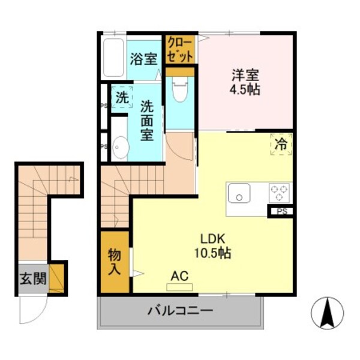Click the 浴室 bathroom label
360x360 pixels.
(x=143, y=59)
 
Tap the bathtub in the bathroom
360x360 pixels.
(x=113, y=58)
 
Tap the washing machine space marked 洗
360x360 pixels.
(x=122, y=98)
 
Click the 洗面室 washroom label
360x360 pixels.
(x=148, y=120)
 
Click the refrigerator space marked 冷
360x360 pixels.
(x=280, y=145)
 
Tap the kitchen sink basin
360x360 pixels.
(x=240, y=194)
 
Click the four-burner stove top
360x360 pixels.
(x=278, y=193)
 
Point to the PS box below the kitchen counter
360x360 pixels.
(x=281, y=211)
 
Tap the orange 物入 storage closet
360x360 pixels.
(x=115, y=262)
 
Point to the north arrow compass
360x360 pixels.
(x=328, y=313)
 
